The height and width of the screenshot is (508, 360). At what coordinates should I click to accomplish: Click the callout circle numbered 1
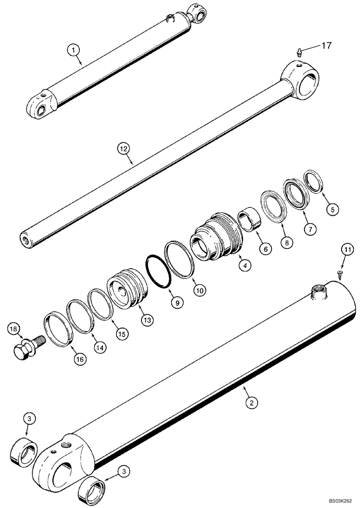74,49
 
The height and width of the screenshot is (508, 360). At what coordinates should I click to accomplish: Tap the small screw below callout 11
339,274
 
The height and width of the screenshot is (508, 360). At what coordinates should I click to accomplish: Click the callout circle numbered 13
147,320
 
